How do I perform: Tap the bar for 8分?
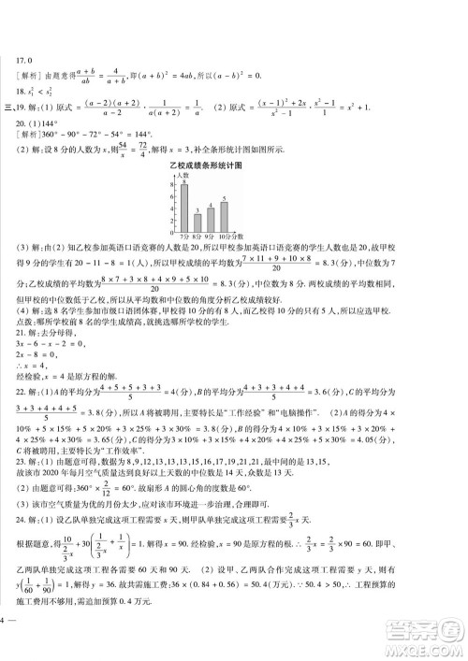coord(197,222)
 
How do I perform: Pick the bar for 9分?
coord(211,218)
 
